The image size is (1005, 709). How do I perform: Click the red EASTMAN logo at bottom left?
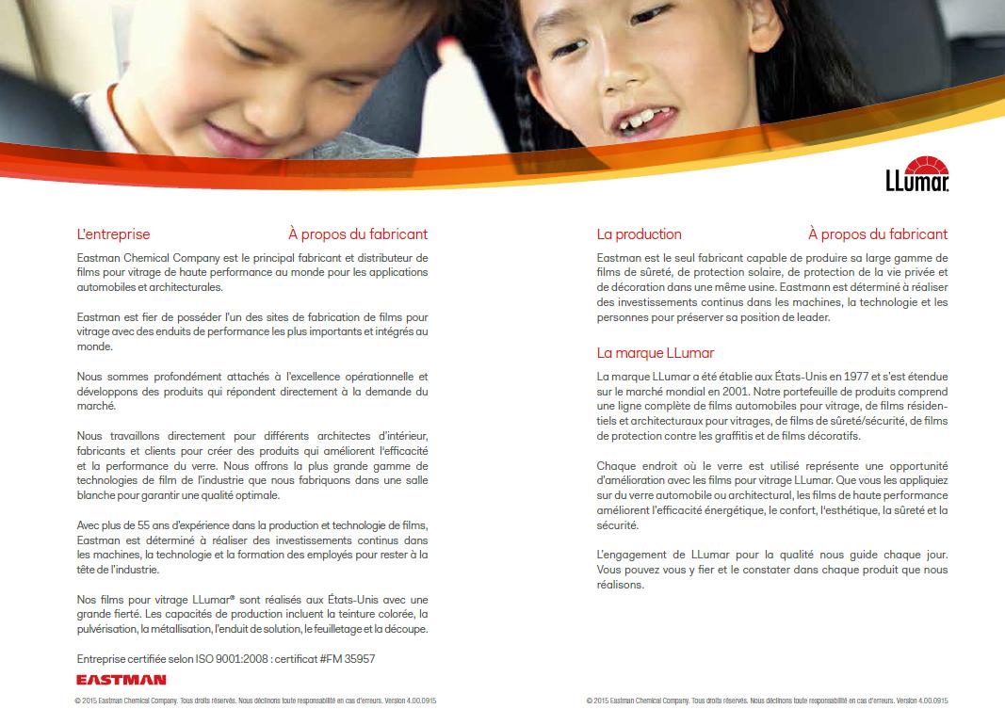click(x=122, y=679)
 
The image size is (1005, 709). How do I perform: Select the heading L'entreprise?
click(x=113, y=234)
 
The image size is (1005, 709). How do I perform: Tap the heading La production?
click(x=639, y=234)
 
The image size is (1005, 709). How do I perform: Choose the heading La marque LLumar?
click(x=655, y=353)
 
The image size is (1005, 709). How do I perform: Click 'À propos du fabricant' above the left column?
click(x=357, y=234)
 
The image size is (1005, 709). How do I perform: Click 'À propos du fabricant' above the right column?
click(x=877, y=234)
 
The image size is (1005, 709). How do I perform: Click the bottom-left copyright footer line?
click(x=255, y=701)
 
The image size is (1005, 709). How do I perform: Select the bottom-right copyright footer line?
click(x=767, y=701)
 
